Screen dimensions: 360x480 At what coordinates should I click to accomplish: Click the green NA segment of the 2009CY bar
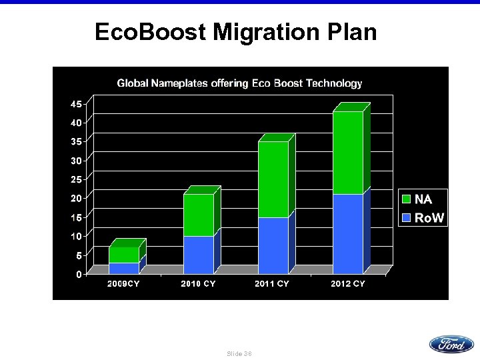(124, 255)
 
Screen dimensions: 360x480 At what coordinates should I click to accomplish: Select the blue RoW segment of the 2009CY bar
(124, 268)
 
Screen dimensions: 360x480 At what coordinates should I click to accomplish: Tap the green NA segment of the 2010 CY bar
(199, 215)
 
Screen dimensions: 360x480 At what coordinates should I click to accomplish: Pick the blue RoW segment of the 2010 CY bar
(199, 255)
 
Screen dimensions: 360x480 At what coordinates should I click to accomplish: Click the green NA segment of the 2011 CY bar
(273, 179)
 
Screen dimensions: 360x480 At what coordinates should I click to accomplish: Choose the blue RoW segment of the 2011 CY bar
(273, 245)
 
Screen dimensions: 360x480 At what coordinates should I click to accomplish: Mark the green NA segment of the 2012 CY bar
(348, 153)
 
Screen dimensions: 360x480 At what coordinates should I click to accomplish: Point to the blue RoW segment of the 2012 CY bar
(348, 233)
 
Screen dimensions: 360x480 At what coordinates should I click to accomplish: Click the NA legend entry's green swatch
(407, 199)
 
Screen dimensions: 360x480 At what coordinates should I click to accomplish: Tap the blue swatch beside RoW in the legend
(407, 218)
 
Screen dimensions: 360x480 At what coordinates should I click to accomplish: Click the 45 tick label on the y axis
(77, 104)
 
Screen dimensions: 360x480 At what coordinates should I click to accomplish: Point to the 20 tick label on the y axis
(77, 198)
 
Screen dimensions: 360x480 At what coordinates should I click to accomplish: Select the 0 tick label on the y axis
(79, 274)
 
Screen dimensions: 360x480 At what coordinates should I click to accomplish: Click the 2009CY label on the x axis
(124, 284)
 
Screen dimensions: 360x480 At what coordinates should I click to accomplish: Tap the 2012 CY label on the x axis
(348, 284)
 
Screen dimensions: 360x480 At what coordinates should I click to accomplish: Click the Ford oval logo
(451, 344)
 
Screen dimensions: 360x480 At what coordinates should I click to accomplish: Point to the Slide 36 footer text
(239, 353)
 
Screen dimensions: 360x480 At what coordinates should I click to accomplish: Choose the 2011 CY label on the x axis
(273, 284)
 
